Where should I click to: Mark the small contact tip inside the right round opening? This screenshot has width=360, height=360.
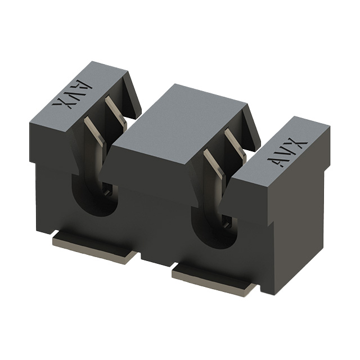pyautogui.click(x=226, y=223)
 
